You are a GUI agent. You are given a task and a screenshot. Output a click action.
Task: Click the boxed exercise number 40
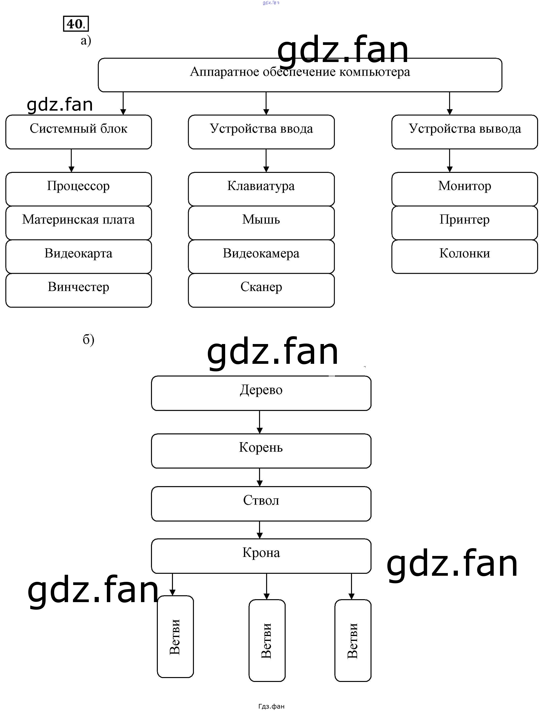point(75,24)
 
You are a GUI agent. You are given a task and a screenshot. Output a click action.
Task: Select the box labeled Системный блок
point(78,132)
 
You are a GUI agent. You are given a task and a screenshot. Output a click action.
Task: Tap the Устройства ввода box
point(261,132)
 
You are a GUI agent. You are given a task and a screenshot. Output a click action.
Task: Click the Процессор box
point(78,189)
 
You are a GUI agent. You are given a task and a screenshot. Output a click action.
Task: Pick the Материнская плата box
point(78,223)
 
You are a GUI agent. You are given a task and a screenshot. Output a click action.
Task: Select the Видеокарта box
point(78,256)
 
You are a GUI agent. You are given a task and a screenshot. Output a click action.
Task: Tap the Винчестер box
point(78,290)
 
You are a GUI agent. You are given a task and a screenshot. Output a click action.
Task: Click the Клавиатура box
point(261,189)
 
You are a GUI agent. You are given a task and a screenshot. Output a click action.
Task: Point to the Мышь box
point(261,223)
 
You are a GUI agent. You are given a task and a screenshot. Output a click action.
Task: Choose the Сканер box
point(261,290)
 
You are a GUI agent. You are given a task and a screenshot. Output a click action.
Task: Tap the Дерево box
point(261,393)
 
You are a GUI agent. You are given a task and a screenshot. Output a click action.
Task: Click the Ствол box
point(261,503)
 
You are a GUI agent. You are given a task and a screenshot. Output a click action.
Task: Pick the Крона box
point(261,556)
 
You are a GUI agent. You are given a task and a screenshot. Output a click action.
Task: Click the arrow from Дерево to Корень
point(260,422)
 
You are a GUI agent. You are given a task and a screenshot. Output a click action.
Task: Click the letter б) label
point(88,339)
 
